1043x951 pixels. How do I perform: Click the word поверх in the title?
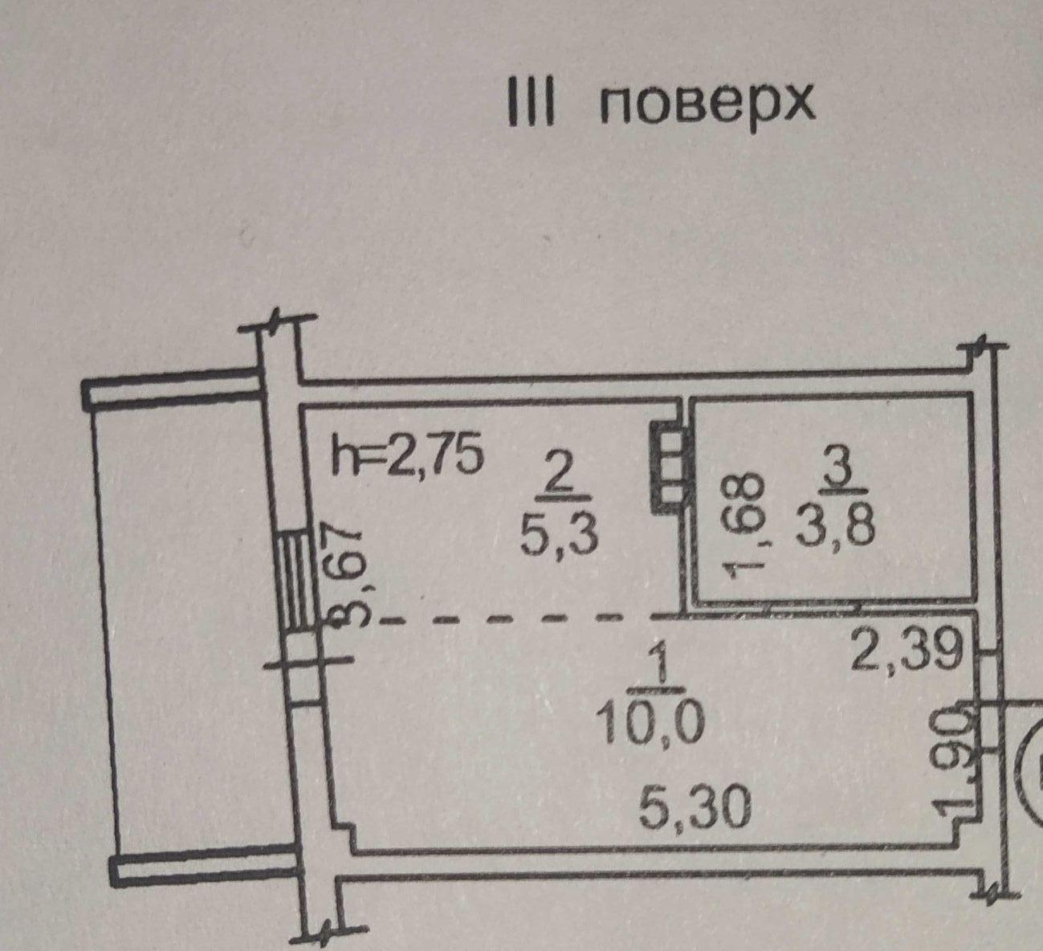tap(707, 106)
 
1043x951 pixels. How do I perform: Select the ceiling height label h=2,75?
tap(408, 457)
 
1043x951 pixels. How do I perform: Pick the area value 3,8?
tap(834, 529)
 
